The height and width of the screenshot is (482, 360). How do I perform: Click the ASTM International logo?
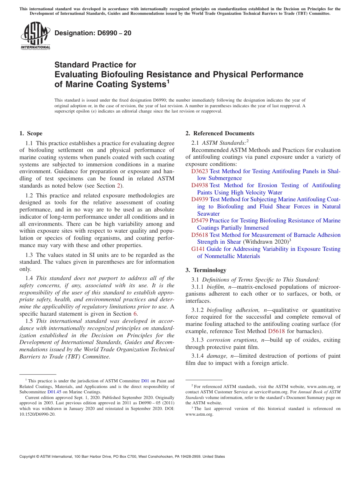coord(35,36)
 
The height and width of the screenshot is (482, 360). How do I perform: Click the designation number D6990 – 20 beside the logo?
coord(93,33)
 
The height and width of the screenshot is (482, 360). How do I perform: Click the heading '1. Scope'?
coord(31,133)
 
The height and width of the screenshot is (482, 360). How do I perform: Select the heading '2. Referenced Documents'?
coord(219,133)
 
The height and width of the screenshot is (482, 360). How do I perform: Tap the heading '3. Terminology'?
coord(206,270)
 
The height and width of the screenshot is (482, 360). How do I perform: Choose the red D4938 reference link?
coord(199,185)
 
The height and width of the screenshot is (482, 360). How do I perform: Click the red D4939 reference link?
coord(199,199)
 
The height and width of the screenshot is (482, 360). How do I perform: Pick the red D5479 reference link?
coord(199,221)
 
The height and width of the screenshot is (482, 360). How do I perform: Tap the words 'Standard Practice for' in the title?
coord(95,65)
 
